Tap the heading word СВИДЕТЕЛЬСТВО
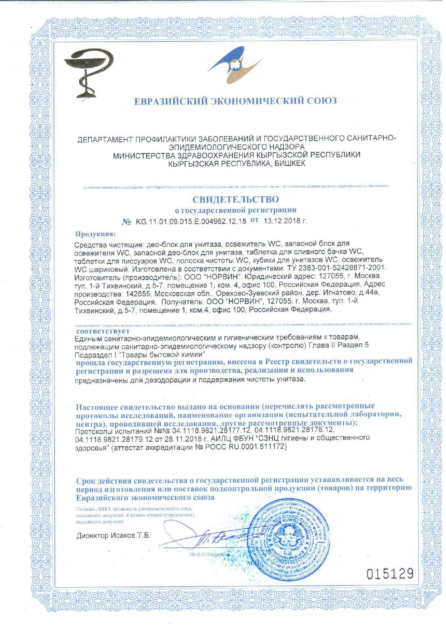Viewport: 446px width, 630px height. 236,199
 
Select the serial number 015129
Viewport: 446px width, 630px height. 390,574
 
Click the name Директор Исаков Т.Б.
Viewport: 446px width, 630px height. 113,536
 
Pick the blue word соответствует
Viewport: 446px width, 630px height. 103,330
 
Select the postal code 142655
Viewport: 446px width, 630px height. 138,293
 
